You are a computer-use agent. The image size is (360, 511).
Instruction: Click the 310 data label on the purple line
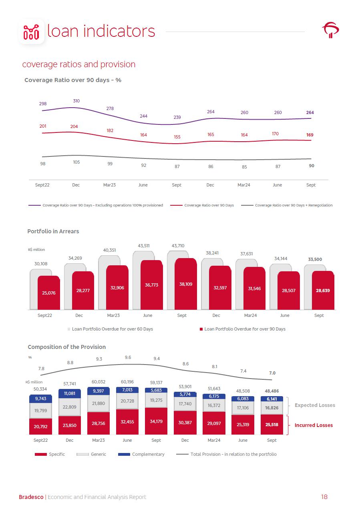[76, 101]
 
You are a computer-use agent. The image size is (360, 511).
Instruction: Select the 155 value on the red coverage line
[177, 137]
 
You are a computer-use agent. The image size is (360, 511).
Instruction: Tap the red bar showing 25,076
[49, 293]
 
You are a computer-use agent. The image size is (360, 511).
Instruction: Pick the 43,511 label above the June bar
[144, 246]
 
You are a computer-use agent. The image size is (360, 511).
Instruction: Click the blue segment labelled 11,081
[70, 393]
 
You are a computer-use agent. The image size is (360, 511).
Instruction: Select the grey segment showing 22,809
[70, 407]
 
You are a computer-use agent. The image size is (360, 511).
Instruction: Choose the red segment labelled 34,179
[156, 421]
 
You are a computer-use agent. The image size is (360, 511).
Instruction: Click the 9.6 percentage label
[128, 358]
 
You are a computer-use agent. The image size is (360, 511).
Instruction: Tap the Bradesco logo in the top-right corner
[330, 30]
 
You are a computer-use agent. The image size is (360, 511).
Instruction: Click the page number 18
[324, 497]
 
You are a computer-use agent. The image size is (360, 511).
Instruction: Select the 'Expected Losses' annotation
[315, 405]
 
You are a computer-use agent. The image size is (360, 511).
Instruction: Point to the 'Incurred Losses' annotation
[314, 425]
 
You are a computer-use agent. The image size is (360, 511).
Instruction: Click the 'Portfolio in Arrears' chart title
[53, 231]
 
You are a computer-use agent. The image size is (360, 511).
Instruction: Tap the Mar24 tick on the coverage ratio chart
[244, 185]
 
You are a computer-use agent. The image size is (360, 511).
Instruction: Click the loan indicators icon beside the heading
[32, 32]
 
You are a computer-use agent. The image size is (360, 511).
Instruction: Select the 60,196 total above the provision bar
[127, 382]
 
